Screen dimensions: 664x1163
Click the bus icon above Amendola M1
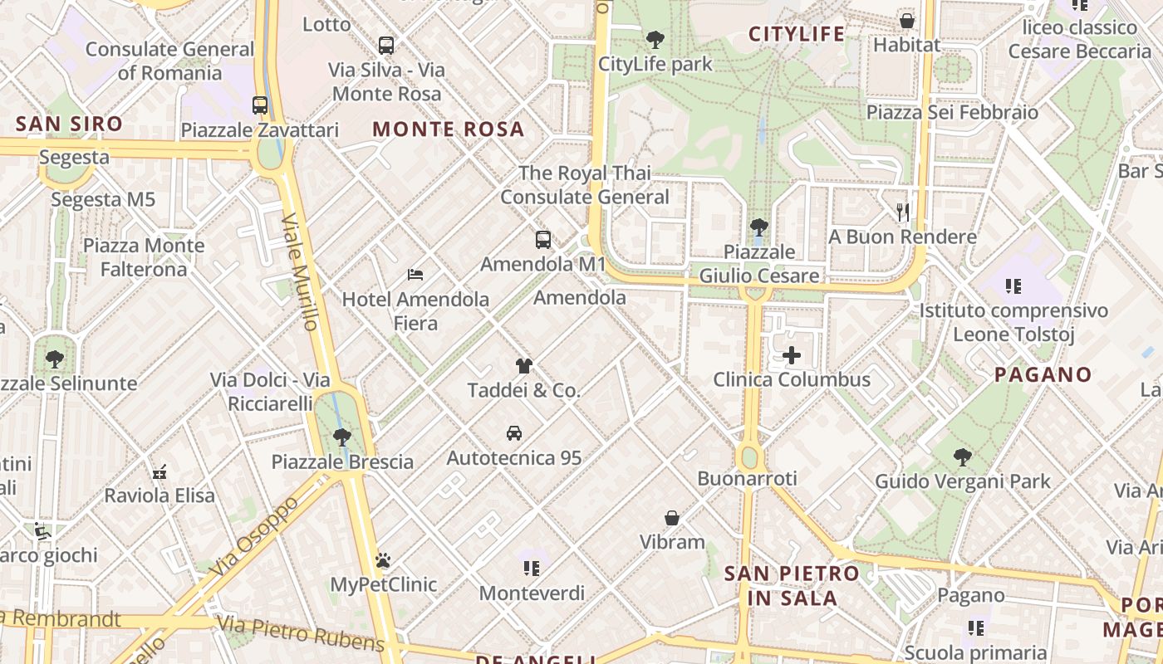[x=543, y=241]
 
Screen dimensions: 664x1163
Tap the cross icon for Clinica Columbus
[x=792, y=356]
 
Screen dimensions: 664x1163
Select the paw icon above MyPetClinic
[x=383, y=560]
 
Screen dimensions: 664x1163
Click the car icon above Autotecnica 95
[x=514, y=433]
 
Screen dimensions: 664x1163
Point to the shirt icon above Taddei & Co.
[x=523, y=365]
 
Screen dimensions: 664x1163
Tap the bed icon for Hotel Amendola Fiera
[x=415, y=274]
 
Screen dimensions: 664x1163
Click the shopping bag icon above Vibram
[x=672, y=518]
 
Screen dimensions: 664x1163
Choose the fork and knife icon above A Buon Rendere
[x=904, y=212]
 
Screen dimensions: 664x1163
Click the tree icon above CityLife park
[x=655, y=39]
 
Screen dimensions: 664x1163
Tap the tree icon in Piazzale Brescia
[x=341, y=437]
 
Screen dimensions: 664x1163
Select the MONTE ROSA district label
[x=449, y=129]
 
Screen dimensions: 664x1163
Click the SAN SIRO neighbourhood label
[x=69, y=124]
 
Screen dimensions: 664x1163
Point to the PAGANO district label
[x=1043, y=374]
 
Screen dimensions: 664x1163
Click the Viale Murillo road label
[x=301, y=272]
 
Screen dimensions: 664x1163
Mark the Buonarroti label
[x=747, y=478]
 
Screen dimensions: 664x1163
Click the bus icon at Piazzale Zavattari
[x=260, y=105]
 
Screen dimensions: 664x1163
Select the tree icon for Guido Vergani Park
[x=963, y=456]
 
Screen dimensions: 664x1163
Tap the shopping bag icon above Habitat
[x=907, y=20]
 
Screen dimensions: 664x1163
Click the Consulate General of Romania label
[x=170, y=61]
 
